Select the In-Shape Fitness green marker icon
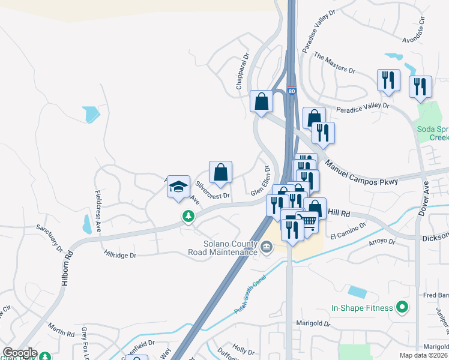[x=403, y=308]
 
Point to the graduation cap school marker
[x=178, y=187]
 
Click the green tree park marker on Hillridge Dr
[x=188, y=216]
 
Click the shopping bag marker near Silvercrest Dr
[x=221, y=172]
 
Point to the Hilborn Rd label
[x=70, y=262]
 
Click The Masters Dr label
[x=334, y=63]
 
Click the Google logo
[x=19, y=353]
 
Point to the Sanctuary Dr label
[x=49, y=236]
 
